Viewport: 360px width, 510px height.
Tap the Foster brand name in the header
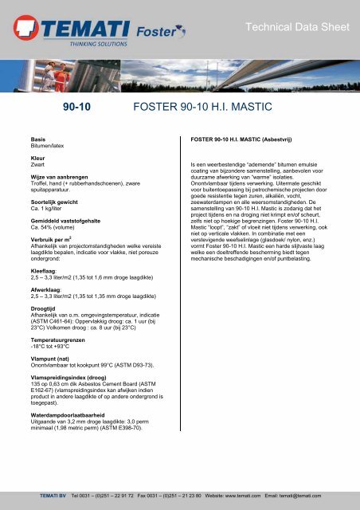(x=150, y=33)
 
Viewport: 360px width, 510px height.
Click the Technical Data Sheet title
(x=298, y=27)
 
